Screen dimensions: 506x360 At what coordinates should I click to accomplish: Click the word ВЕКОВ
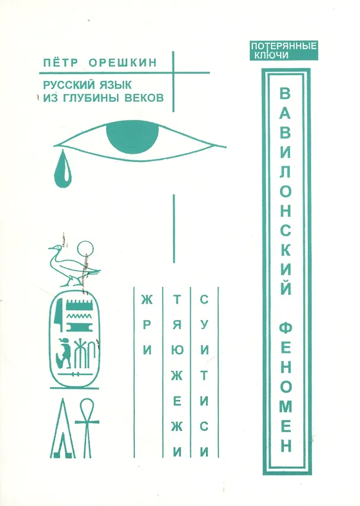(143, 97)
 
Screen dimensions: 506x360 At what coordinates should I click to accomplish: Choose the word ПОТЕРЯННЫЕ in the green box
(285, 45)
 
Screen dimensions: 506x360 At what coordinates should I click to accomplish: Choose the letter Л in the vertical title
(285, 176)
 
